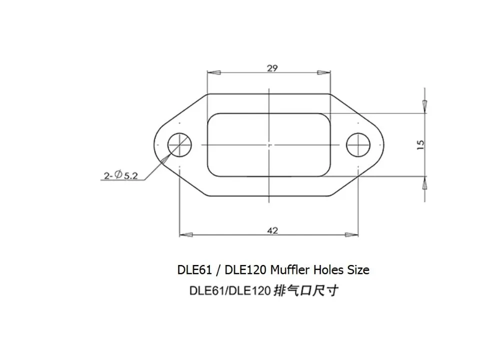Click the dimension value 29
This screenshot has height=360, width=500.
click(272, 68)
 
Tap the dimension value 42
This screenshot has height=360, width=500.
click(272, 230)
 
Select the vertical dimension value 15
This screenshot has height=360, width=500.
click(420, 145)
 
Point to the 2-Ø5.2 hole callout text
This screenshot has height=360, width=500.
click(120, 175)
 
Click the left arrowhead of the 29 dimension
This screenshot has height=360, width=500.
click(213, 72)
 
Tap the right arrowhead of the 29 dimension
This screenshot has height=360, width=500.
click(323, 72)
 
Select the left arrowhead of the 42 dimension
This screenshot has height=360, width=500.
click(186, 235)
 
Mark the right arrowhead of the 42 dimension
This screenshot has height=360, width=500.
click(351, 235)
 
